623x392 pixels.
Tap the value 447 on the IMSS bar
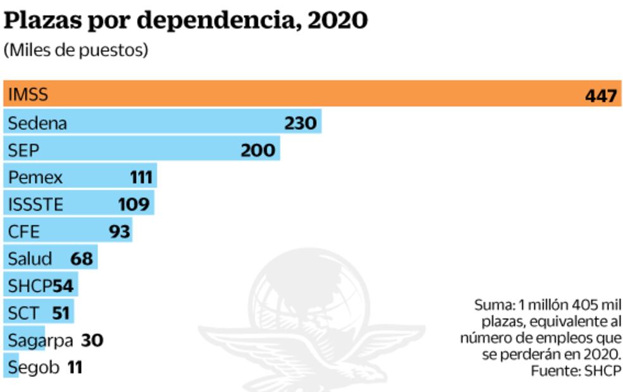(x=600, y=96)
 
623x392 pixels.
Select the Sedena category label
(x=37, y=123)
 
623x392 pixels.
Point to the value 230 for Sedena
(x=300, y=123)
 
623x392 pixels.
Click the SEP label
(x=24, y=150)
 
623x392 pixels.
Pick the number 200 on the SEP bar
(x=257, y=150)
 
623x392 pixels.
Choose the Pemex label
(x=35, y=178)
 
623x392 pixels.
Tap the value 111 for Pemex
(x=141, y=178)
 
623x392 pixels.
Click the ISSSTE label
(x=36, y=204)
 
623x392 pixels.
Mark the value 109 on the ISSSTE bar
(x=133, y=204)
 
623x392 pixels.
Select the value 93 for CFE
(x=119, y=231)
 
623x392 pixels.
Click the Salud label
(x=30, y=259)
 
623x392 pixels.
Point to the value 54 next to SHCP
(x=63, y=286)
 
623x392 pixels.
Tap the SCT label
(x=23, y=313)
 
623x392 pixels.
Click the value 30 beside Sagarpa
(x=92, y=340)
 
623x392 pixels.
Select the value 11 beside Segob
(x=75, y=367)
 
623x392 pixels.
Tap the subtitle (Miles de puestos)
(x=76, y=51)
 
